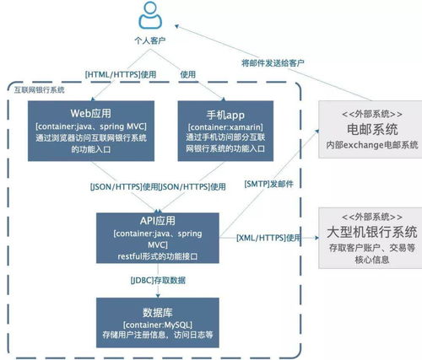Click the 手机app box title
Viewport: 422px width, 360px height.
(x=222, y=112)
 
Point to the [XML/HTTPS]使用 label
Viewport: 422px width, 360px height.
(x=268, y=239)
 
